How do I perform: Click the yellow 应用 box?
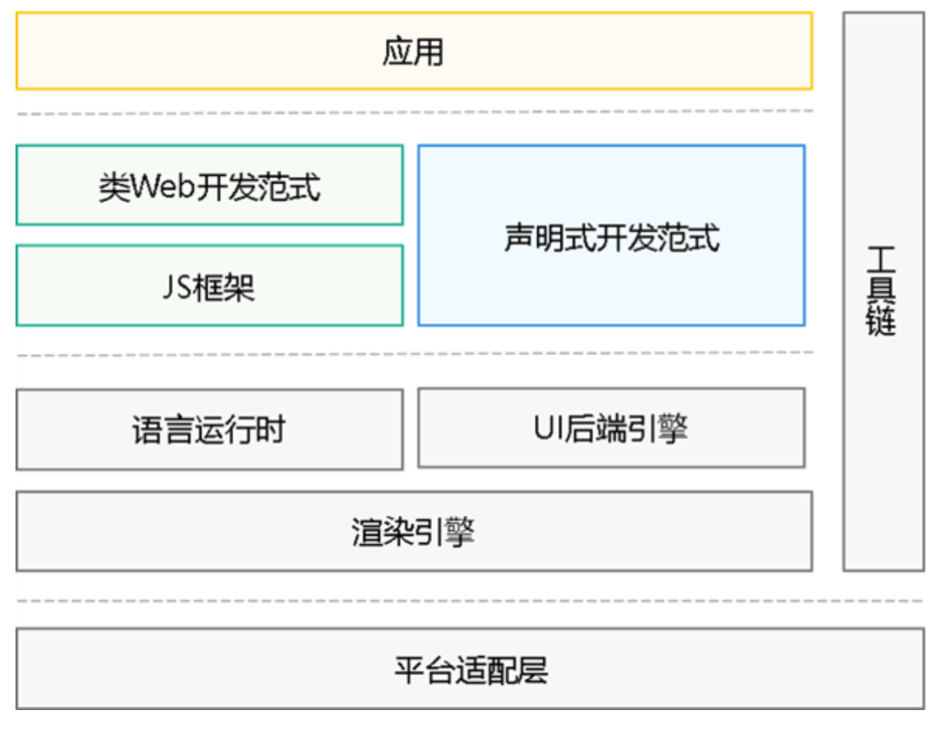tap(414, 51)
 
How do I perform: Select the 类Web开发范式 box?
tap(209, 186)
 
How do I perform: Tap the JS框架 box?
tap(209, 286)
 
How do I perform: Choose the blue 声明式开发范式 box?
tap(611, 236)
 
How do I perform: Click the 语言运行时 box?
tap(209, 430)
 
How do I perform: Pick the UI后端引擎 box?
tap(611, 428)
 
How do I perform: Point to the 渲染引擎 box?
tap(414, 532)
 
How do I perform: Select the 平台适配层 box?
tap(470, 669)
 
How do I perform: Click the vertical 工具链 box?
tap(883, 292)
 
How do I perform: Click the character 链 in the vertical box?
tap(882, 320)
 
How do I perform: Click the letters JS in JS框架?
tap(178, 287)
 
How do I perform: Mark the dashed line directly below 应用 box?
tap(414, 113)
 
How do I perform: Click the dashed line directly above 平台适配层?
tap(470, 601)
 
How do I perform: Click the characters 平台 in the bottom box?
tap(424, 669)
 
